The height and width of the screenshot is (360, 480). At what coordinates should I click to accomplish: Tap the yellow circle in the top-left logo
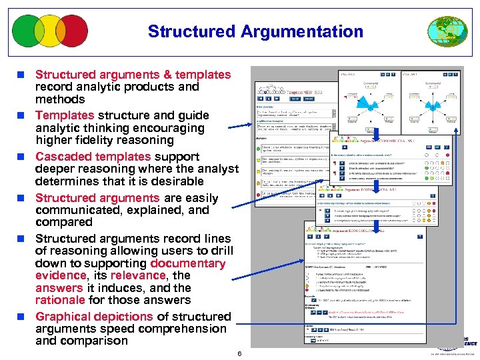(51, 31)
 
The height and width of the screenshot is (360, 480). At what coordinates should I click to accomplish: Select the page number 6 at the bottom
(239, 353)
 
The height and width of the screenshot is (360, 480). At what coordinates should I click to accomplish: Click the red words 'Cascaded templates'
(93, 157)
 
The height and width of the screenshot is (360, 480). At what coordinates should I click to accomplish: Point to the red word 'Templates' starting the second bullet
(65, 115)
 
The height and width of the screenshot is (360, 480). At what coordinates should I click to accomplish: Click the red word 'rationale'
(59, 301)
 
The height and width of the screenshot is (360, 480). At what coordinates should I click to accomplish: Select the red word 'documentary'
(188, 263)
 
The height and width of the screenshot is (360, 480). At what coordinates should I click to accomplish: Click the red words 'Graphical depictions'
(94, 317)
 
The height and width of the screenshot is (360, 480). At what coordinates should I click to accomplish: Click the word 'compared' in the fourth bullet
(63, 222)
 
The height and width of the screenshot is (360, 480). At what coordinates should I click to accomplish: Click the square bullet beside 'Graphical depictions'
(23, 317)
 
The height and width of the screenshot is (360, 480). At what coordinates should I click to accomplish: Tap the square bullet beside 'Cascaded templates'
(23, 157)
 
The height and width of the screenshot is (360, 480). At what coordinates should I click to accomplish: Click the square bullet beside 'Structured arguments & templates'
(23, 75)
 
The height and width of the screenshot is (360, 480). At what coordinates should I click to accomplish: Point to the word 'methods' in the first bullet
(60, 99)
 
